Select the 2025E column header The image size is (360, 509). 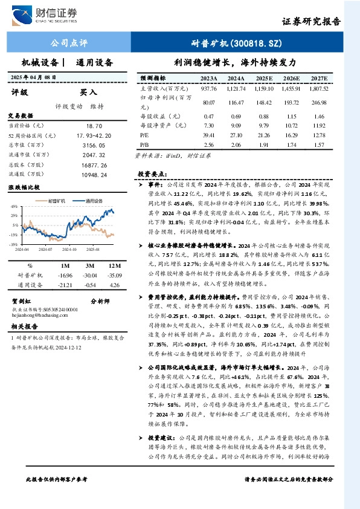(264, 79)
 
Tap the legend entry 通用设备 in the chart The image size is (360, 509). (96, 200)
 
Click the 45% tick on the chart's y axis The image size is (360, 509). (13, 207)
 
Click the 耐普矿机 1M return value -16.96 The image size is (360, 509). (65, 275)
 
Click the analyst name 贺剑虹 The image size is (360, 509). (22, 300)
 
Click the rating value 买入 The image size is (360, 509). (89, 92)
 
